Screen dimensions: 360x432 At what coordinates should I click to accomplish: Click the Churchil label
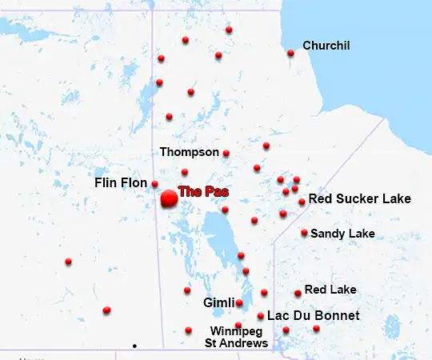[x=326, y=46]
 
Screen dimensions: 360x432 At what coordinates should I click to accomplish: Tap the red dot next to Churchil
[x=290, y=54]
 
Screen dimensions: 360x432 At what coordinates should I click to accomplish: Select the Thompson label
[x=189, y=152]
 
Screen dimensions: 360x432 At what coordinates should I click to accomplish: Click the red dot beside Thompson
[x=226, y=153]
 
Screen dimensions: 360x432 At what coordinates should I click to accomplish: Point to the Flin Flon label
[x=121, y=183]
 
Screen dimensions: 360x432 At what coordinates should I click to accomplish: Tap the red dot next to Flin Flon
[x=155, y=184]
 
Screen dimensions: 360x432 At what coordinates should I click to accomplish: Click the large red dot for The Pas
[x=169, y=199]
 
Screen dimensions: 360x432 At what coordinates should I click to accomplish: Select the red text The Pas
[x=203, y=192]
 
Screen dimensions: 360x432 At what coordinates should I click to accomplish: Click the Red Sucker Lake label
[x=359, y=198]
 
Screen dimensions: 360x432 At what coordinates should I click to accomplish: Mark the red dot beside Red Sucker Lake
[x=302, y=202]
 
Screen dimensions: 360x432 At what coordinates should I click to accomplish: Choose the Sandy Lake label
[x=342, y=234]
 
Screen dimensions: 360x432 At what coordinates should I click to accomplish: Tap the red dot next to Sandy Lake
[x=305, y=233]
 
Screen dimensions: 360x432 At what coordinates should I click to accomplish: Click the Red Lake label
[x=330, y=290]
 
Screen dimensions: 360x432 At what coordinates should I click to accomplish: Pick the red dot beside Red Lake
[x=298, y=294]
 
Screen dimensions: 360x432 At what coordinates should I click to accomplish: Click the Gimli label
[x=218, y=303]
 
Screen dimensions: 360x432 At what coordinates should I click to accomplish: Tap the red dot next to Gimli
[x=239, y=303]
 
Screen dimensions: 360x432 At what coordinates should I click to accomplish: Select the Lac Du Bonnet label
[x=313, y=316]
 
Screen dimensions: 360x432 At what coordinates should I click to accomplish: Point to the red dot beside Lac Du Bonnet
[x=261, y=316]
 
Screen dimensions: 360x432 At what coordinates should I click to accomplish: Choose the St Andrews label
[x=236, y=344]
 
